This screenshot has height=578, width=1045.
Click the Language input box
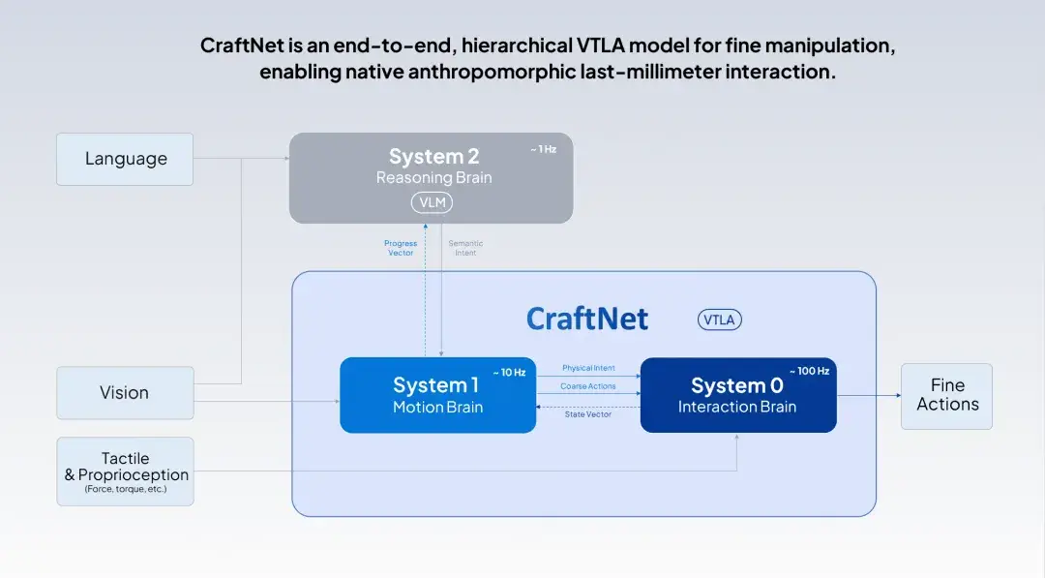tap(125, 160)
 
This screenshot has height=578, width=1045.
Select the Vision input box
tap(125, 393)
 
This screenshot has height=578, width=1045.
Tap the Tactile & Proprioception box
tap(125, 472)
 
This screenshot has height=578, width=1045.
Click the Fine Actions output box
tap(946, 396)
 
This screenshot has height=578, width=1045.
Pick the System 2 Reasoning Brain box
tap(431, 178)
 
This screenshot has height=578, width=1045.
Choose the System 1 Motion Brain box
tap(437, 395)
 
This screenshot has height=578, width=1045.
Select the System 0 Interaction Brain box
tap(737, 395)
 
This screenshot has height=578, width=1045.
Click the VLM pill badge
tap(432, 202)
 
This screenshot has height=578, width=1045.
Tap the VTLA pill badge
tap(719, 320)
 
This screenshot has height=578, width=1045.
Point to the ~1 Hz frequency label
tap(543, 149)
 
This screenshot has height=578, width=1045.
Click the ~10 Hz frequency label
tap(509, 373)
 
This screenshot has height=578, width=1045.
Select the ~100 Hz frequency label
tap(809, 372)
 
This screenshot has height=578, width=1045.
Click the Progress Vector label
tap(401, 248)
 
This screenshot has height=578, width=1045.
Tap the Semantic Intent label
tap(465, 248)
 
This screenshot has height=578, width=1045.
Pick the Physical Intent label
tap(588, 368)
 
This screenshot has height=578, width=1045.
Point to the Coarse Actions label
tap(588, 386)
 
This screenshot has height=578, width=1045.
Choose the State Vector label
tap(588, 414)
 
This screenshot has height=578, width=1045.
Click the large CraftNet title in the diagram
tap(586, 319)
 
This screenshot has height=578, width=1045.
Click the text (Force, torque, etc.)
tap(125, 489)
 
